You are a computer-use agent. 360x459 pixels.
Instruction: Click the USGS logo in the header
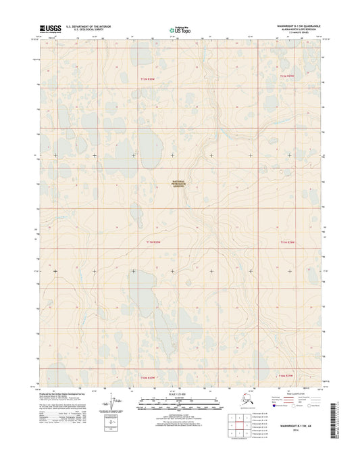pyautogui.click(x=51, y=28)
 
